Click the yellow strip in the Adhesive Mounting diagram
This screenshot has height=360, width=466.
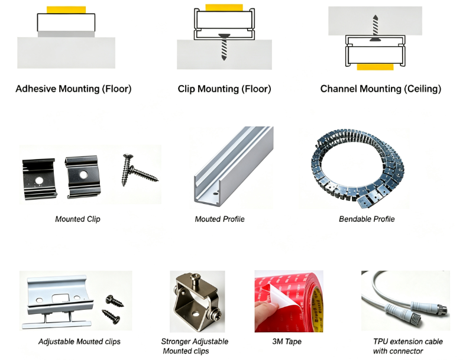66,10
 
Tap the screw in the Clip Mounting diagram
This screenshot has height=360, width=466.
224,47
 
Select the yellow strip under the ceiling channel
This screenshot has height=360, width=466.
375,67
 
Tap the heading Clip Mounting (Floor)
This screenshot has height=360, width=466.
224,89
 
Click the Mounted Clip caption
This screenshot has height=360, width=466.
77,219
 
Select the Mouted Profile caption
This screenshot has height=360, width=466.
219,219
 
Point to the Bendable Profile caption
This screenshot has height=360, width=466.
367,219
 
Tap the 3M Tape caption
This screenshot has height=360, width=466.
287,342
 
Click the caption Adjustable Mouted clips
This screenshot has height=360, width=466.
79,342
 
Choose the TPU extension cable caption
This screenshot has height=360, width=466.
408,346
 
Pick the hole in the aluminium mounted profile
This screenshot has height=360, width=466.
215,194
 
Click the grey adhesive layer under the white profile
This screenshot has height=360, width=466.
66,34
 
